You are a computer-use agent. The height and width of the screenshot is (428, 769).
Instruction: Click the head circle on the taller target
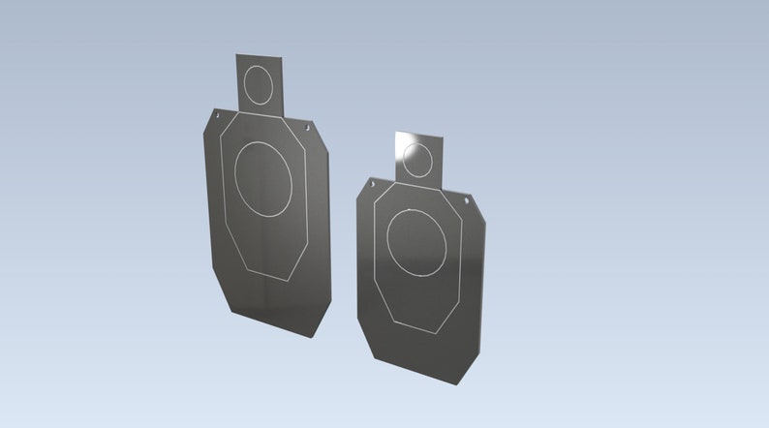coord(259,84)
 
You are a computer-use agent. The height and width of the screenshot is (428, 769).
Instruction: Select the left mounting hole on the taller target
coord(219,117)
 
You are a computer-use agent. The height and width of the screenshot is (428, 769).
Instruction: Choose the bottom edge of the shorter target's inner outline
coord(418,329)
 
